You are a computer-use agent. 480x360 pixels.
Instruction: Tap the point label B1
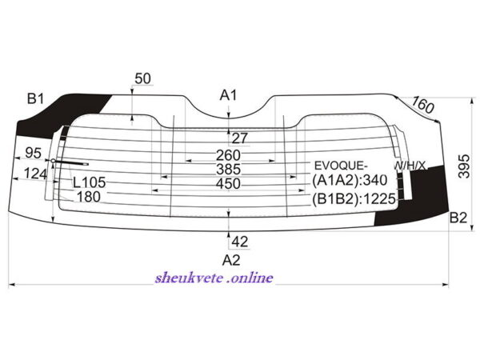click(34, 98)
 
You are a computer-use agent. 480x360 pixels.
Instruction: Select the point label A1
click(230, 95)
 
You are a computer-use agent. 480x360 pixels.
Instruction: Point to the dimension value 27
click(240, 138)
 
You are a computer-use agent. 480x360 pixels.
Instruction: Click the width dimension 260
click(228, 155)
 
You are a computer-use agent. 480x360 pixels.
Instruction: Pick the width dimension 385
click(228, 169)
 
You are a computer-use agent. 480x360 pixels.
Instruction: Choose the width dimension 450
click(228, 184)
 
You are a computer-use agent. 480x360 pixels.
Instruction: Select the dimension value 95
click(34, 153)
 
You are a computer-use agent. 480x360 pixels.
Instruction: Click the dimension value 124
click(34, 172)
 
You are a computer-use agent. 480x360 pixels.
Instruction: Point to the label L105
click(89, 182)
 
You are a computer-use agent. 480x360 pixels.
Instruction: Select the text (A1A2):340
click(350, 181)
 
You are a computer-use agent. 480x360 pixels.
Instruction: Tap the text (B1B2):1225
click(354, 198)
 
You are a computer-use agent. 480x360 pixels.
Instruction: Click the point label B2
click(458, 217)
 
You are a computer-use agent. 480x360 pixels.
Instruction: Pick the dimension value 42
click(239, 241)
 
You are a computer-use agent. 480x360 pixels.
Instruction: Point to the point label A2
click(230, 260)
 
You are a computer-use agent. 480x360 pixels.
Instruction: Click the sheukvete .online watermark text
click(214, 278)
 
